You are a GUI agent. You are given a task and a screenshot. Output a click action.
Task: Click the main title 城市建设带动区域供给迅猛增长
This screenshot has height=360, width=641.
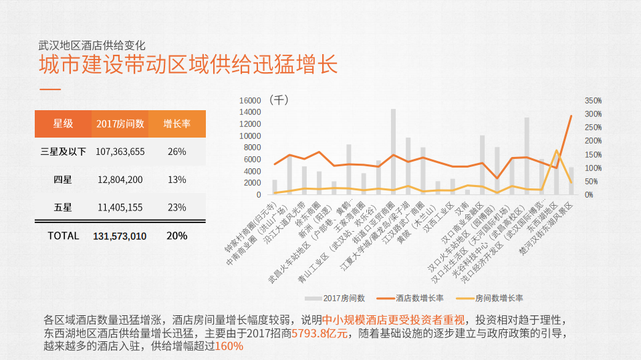pyautogui.click(x=188, y=65)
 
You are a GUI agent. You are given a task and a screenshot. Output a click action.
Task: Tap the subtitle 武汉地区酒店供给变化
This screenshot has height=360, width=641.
pyautogui.click(x=91, y=45)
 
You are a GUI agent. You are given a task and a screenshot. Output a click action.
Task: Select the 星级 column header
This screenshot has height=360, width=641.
pyautogui.click(x=63, y=124)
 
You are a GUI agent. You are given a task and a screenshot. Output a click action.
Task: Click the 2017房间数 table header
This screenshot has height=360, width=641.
pyautogui.click(x=120, y=124)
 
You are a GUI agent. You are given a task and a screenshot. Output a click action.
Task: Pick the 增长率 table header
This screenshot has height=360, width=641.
pyautogui.click(x=176, y=124)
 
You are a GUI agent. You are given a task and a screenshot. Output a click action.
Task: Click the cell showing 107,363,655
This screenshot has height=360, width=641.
pyautogui.click(x=120, y=152)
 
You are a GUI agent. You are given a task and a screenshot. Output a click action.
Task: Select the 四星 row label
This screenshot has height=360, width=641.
pyautogui.click(x=63, y=179)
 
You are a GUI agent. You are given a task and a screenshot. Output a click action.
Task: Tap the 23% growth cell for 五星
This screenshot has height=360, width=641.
pyautogui.click(x=176, y=207)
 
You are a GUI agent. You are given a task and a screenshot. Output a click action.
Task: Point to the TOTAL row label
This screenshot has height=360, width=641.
pyautogui.click(x=63, y=236)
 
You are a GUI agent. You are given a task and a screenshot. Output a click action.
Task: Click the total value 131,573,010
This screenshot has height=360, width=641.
pyautogui.click(x=120, y=236)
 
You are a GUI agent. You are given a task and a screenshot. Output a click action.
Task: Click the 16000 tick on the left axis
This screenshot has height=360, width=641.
pyautogui.click(x=249, y=100)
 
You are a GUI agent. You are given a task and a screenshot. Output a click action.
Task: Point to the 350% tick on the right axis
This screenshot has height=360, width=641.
pyautogui.click(x=593, y=100)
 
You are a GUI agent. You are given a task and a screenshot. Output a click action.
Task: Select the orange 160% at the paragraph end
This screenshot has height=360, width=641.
pyautogui.click(x=229, y=346)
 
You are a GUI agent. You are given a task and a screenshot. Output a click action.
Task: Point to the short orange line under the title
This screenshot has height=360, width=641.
pyautogui.click(x=50, y=89)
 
